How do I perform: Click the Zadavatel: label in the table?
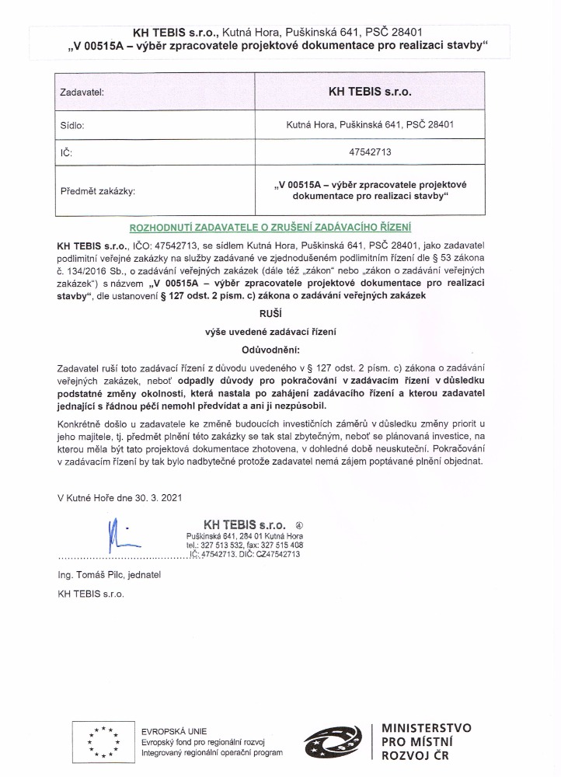82,92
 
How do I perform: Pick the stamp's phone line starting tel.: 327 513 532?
244,545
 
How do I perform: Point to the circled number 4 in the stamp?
300,524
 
